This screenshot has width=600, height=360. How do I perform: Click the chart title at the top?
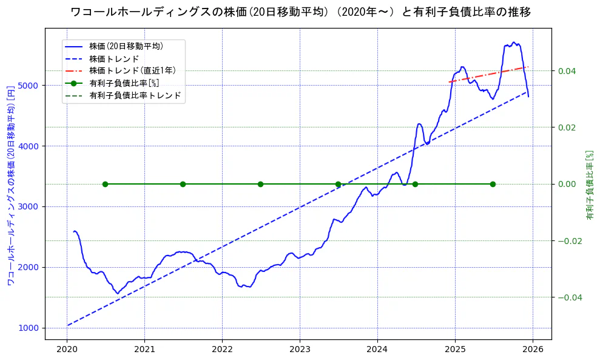tap(300, 12)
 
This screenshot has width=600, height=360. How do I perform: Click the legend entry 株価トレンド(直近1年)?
tap(127, 70)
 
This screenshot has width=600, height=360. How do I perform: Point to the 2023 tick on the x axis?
tap(300, 349)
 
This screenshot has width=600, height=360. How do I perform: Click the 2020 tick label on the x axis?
tap(67, 349)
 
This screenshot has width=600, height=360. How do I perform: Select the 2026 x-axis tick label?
tap(533, 349)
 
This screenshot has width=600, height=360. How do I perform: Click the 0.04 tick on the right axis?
tap(567, 71)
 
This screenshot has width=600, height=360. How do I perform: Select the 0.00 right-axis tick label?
tap(567, 184)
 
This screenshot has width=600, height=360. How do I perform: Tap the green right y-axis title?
tap(589, 185)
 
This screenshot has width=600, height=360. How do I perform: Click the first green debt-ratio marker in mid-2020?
tap(105, 184)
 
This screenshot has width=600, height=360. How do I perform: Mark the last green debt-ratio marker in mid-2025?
tap(493, 184)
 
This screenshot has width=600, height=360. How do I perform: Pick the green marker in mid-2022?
tap(260, 184)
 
